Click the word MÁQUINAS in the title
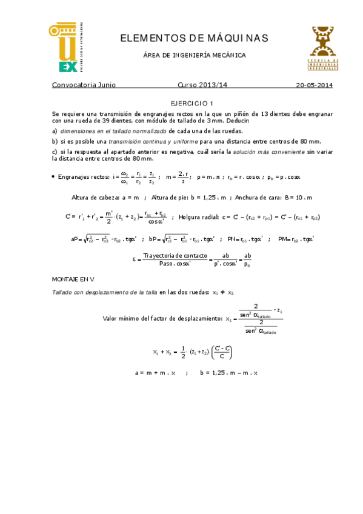[236, 39]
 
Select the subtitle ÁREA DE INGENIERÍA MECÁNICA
[194, 55]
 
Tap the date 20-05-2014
[313, 85]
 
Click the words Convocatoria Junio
[84, 85]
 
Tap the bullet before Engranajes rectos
[55, 177]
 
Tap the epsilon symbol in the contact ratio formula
[134, 259]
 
